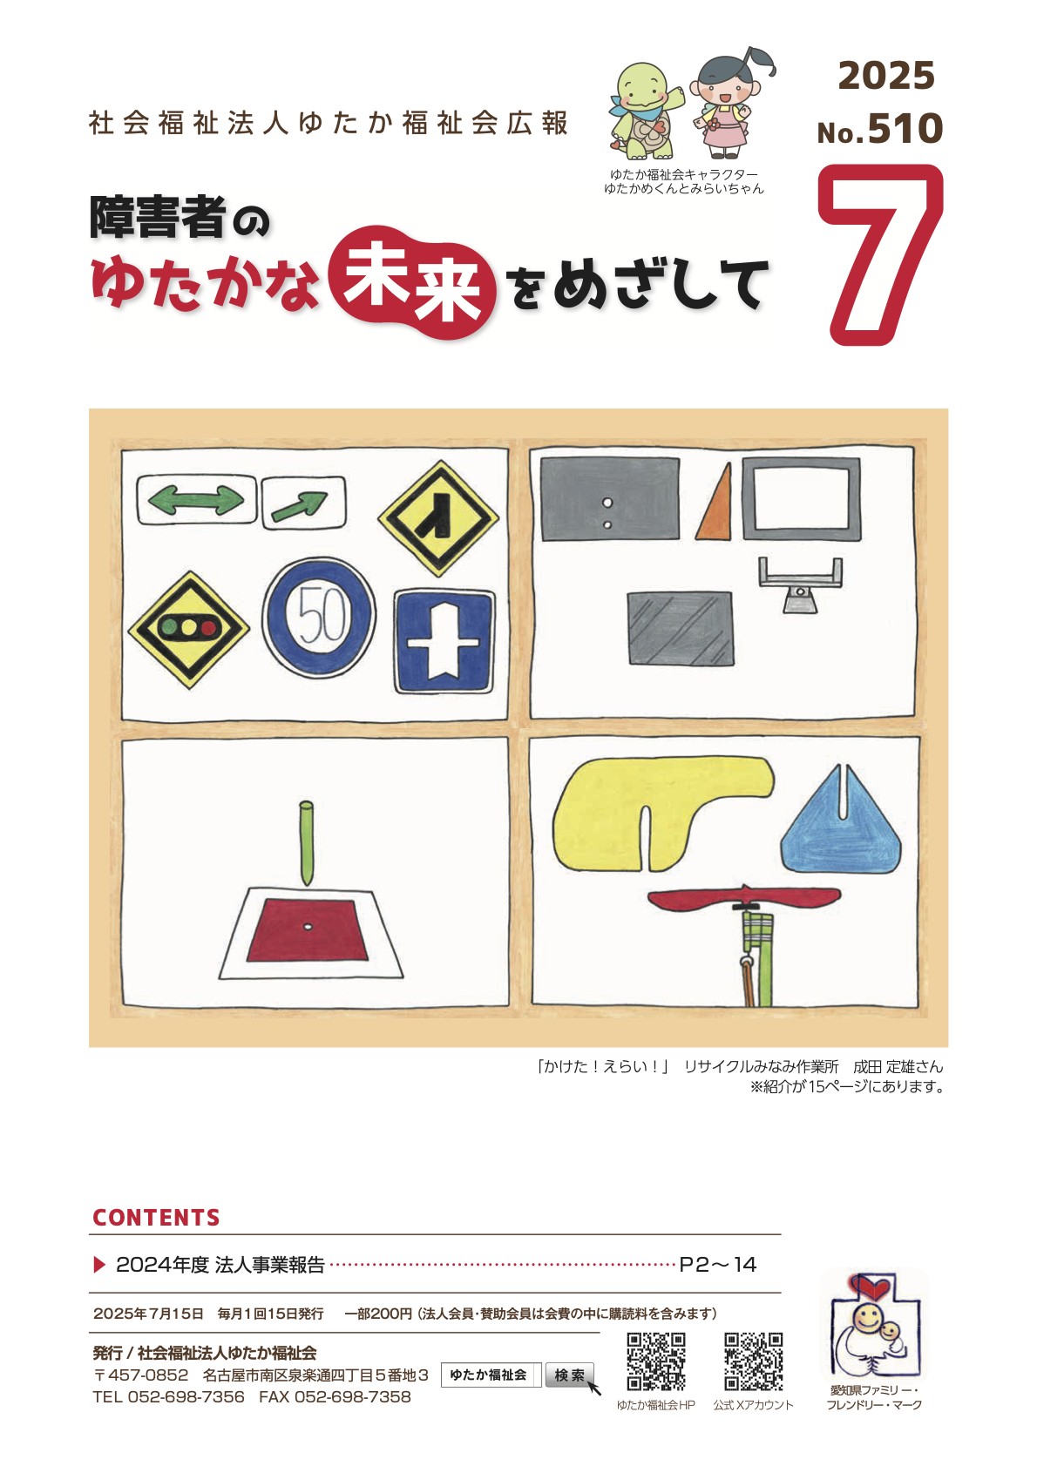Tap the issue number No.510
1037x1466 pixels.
pyautogui.click(x=880, y=128)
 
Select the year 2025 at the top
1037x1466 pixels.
pyautogui.click(x=886, y=75)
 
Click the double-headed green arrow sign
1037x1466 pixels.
pyautogui.click(x=196, y=500)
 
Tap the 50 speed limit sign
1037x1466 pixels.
pyautogui.click(x=319, y=617)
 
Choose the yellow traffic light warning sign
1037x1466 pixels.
pyautogui.click(x=188, y=630)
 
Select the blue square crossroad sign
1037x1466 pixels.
pyautogui.click(x=444, y=641)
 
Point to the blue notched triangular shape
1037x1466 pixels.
pyautogui.click(x=841, y=821)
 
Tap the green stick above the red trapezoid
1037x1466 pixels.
pyautogui.click(x=306, y=843)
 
